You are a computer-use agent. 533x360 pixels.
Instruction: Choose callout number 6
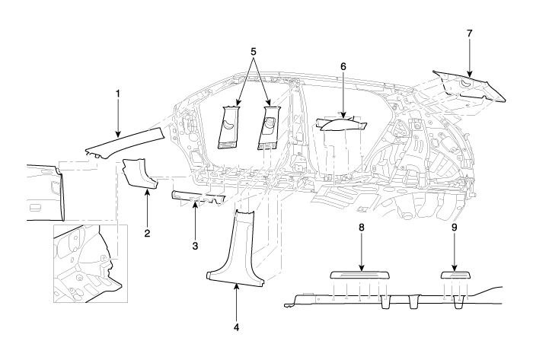point(343,66)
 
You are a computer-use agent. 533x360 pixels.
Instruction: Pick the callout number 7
point(468,34)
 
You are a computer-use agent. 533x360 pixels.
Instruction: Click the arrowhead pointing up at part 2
point(147,192)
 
